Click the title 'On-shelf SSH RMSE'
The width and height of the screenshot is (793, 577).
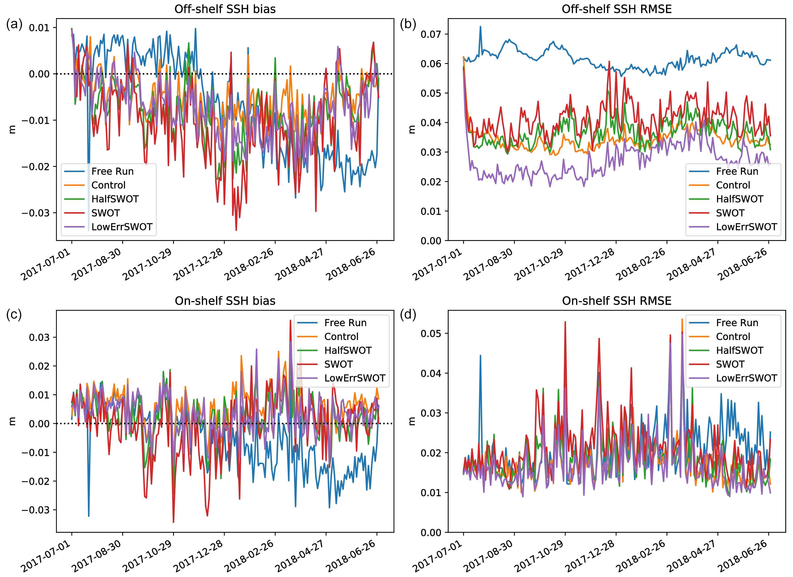pyautogui.click(x=617, y=301)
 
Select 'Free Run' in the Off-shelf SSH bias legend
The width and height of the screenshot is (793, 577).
pyautogui.click(x=112, y=171)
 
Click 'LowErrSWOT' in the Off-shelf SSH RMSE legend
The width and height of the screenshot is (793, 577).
pyautogui.click(x=746, y=227)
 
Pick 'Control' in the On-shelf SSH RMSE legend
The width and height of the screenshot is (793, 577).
pyautogui.click(x=733, y=336)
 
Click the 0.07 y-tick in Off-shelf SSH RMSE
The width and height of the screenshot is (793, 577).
pyautogui.click(x=431, y=34)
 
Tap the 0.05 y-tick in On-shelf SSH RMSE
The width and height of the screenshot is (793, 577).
pyautogui.click(x=431, y=334)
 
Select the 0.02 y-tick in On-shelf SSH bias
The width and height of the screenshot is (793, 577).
pyautogui.click(x=39, y=366)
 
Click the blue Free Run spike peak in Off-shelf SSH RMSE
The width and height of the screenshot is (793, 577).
pyautogui.click(x=480, y=27)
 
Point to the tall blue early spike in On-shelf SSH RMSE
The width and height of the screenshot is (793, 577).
pyautogui.click(x=480, y=356)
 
